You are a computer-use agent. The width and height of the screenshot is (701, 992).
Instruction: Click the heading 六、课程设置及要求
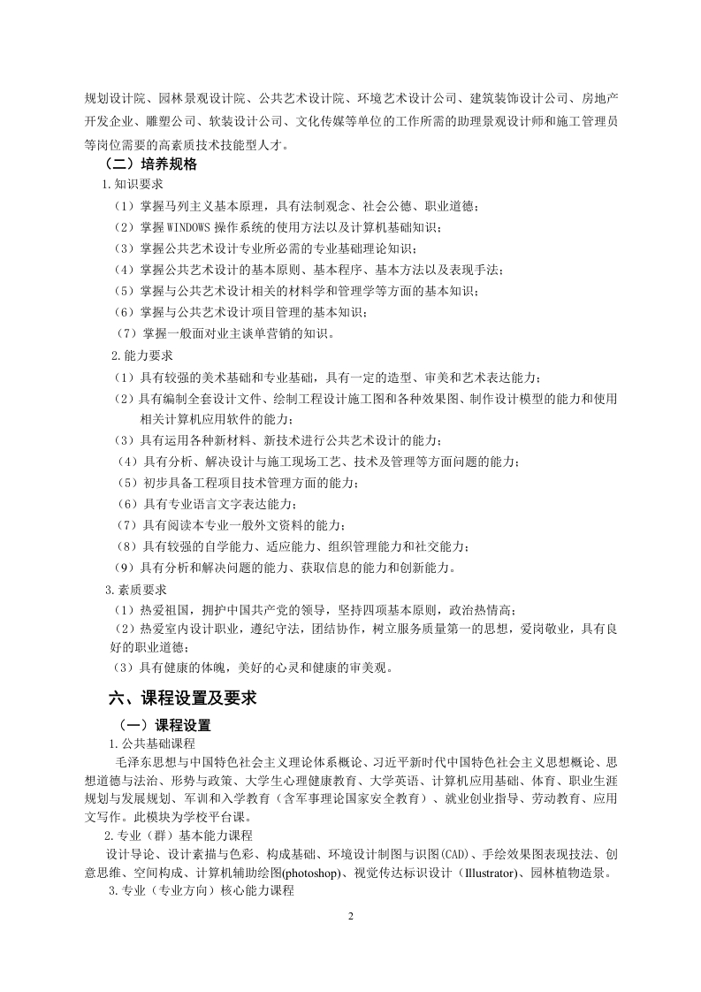click(182, 698)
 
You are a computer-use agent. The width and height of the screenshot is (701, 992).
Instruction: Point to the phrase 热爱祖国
click(161, 610)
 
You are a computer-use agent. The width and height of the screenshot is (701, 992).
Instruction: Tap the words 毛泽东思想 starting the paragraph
click(145, 762)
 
